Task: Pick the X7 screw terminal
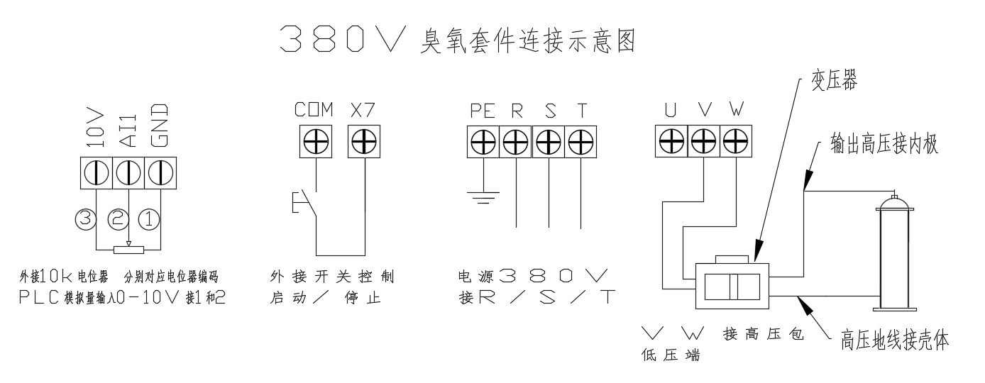(x=363, y=141)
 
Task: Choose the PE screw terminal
(x=483, y=141)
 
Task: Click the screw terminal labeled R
(x=516, y=141)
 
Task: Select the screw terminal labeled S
(x=549, y=141)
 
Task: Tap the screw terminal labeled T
(x=581, y=141)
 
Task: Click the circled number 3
(x=85, y=219)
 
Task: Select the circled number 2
(x=117, y=219)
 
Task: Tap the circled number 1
(x=149, y=219)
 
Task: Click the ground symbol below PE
(x=483, y=196)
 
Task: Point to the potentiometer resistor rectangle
(x=128, y=249)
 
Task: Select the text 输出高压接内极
(x=887, y=145)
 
